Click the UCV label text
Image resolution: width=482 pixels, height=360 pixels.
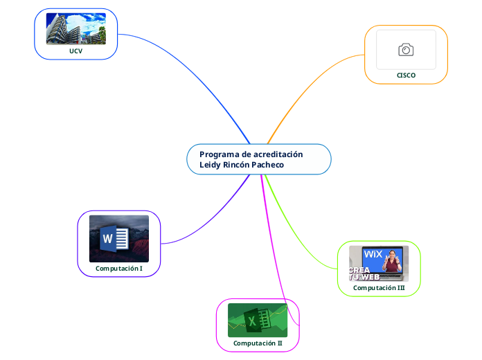click(75, 51)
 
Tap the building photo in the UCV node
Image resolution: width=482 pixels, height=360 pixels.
click(75, 29)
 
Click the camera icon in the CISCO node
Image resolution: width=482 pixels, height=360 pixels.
click(406, 49)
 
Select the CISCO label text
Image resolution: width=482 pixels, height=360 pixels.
click(406, 75)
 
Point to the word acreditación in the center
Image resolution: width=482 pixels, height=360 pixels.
click(278, 154)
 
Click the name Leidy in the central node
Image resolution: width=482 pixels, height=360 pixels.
click(210, 165)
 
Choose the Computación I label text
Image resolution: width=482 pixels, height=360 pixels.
click(119, 268)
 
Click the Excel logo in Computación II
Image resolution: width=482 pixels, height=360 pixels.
click(253, 321)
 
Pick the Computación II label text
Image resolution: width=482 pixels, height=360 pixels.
click(258, 343)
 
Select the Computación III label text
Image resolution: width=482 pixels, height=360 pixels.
click(379, 287)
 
